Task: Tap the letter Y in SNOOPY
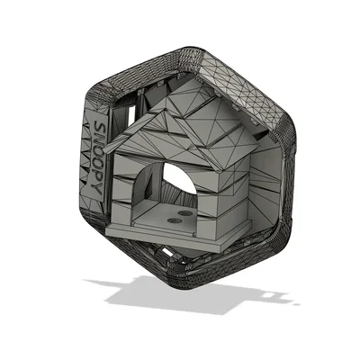tap(96, 191)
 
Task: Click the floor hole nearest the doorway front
tap(175, 221)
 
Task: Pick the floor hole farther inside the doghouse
tap(185, 213)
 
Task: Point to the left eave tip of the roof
tap(104, 144)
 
